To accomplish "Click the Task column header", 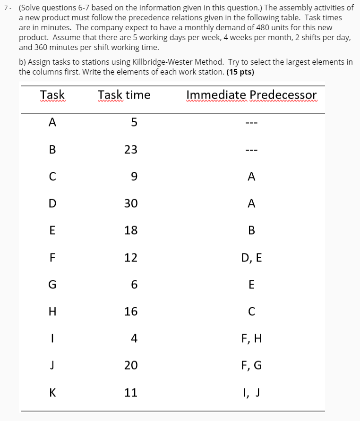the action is click(x=52, y=95).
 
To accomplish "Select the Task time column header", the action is click(x=124, y=95).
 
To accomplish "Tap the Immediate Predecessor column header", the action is click(x=251, y=95).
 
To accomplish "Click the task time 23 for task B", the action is click(x=131, y=150).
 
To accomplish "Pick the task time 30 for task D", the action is click(x=131, y=203).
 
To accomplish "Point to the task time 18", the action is click(x=131, y=230).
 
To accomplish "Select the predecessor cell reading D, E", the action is click(x=251, y=257).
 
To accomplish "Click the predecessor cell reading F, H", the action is click(x=251, y=338).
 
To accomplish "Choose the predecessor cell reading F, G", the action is click(x=251, y=365).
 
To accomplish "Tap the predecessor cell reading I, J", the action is click(x=251, y=392).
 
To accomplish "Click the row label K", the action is click(x=52, y=392).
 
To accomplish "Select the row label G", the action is click(x=52, y=285).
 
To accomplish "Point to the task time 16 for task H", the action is click(x=131, y=312).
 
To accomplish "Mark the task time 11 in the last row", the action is click(x=131, y=392).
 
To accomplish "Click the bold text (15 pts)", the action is click(x=240, y=72).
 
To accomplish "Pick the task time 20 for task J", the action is click(x=131, y=365).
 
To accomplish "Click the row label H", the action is click(x=52, y=312).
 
